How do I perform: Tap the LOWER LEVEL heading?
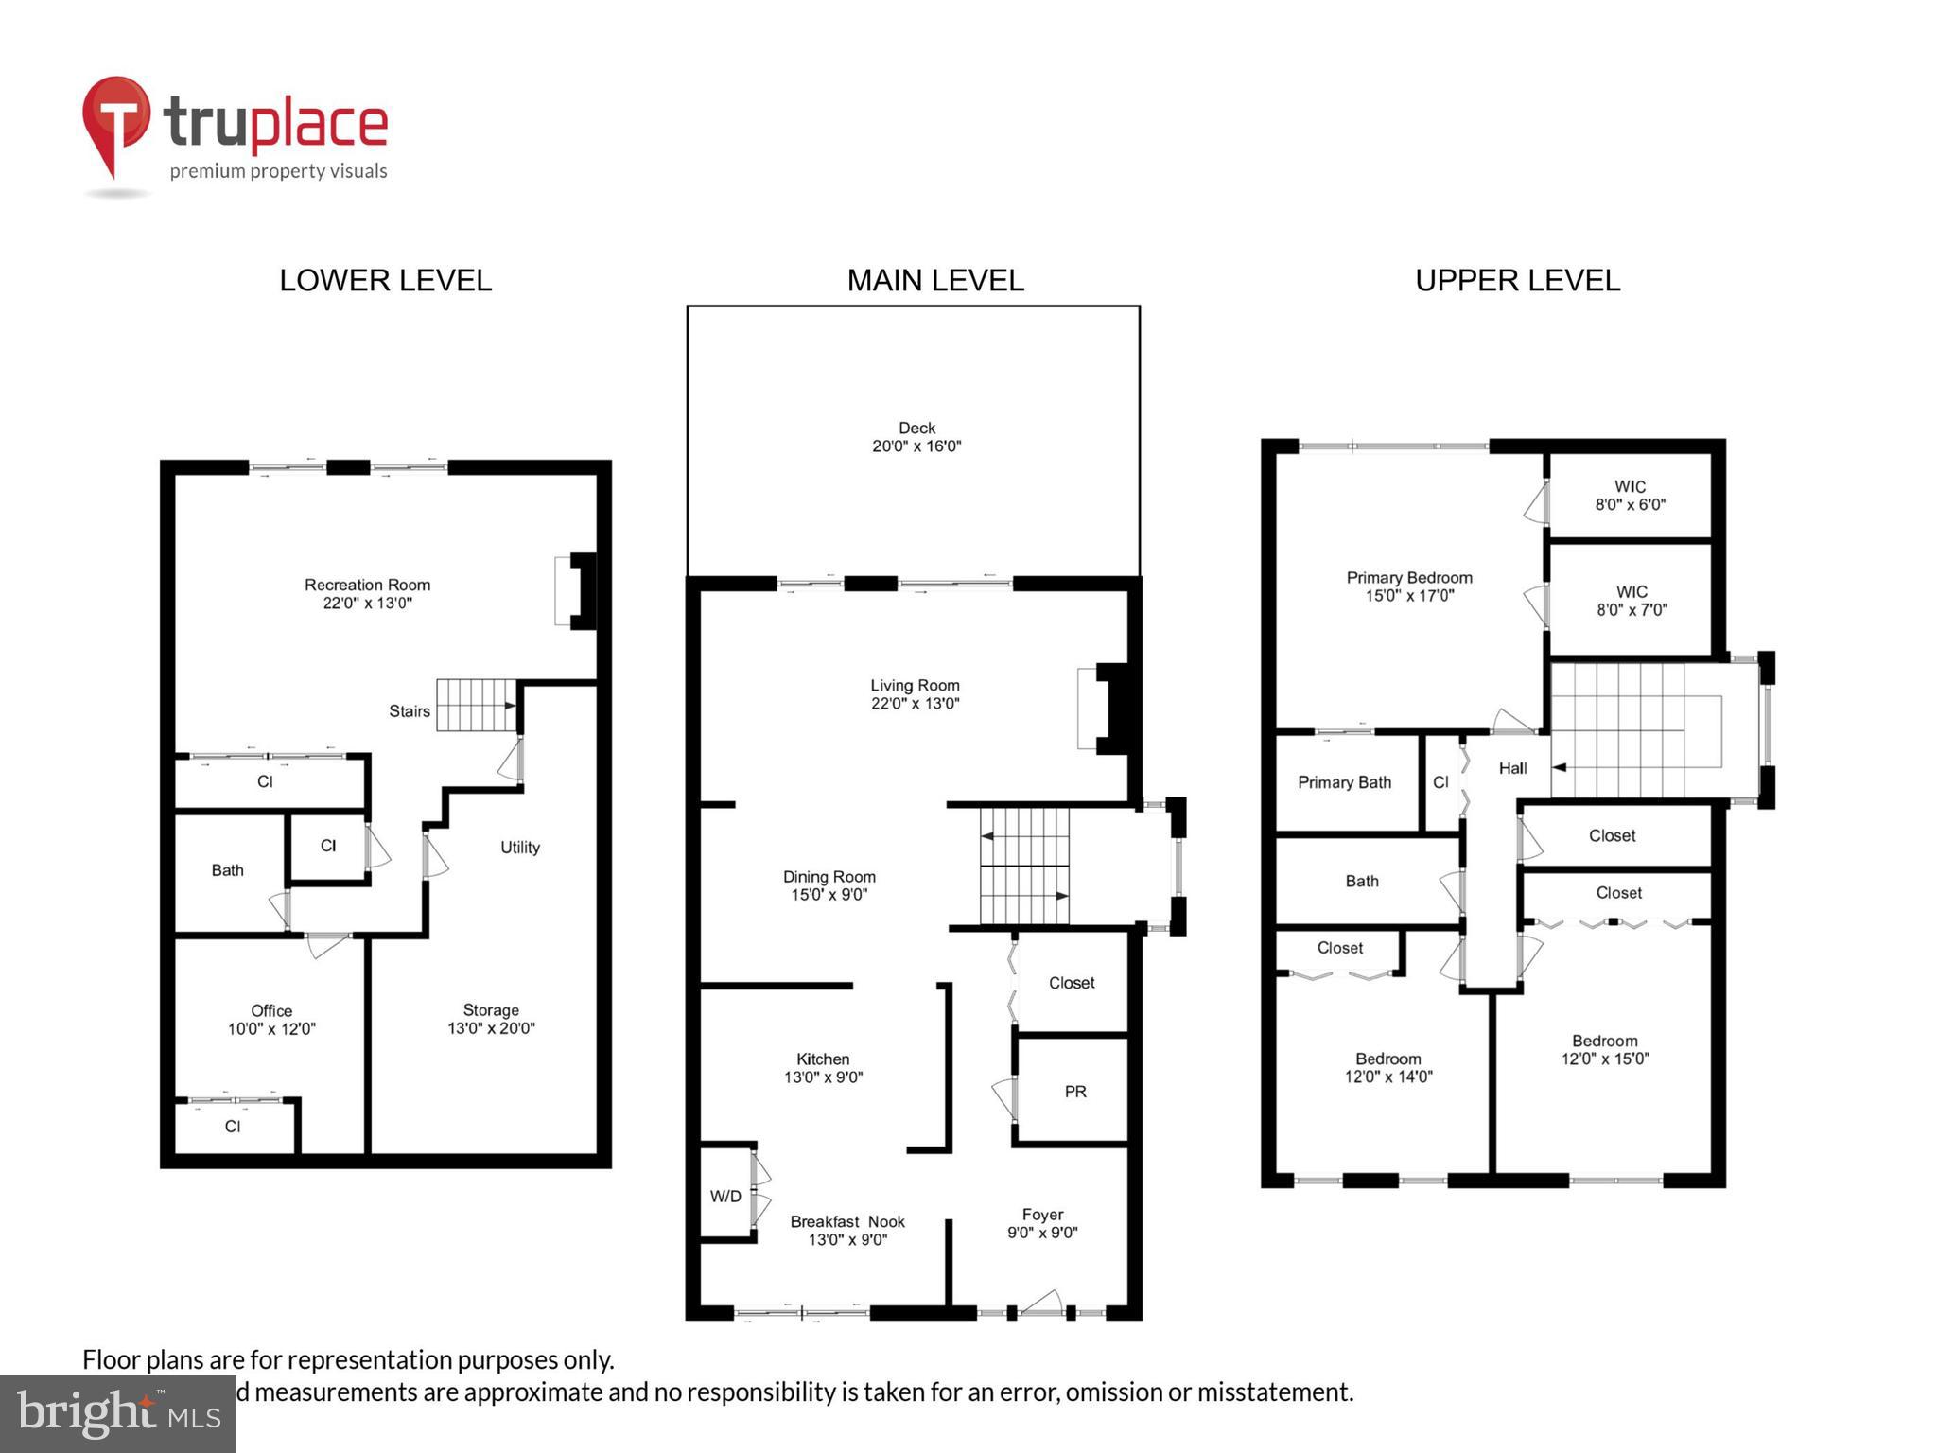click(x=385, y=280)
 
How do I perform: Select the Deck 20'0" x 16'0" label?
click(x=916, y=437)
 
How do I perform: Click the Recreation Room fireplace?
click(x=576, y=591)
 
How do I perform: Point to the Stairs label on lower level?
click(x=409, y=711)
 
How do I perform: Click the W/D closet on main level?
click(x=725, y=1196)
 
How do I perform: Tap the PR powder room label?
click(x=1074, y=1092)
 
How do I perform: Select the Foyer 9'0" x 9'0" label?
click(x=1042, y=1223)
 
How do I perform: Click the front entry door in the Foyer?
click(x=1041, y=1304)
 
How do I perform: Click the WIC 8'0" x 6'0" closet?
click(x=1630, y=496)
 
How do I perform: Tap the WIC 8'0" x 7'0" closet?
click(x=1632, y=601)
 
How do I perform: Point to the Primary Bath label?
click(x=1344, y=782)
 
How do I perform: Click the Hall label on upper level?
click(x=1512, y=768)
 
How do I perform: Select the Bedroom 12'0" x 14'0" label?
click(x=1387, y=1067)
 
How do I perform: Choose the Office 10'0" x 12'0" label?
click(x=271, y=1020)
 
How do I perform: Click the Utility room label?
click(x=519, y=848)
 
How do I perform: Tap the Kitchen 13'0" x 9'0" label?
click(x=823, y=1068)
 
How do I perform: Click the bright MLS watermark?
click(x=117, y=1413)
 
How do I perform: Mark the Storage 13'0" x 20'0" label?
click(x=491, y=1019)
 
